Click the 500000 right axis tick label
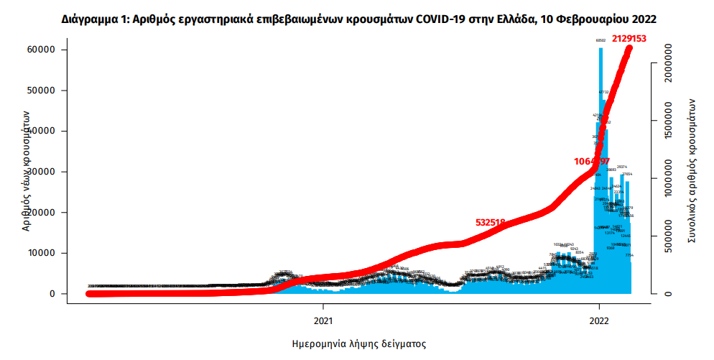669,240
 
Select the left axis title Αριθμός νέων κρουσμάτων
26,170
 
